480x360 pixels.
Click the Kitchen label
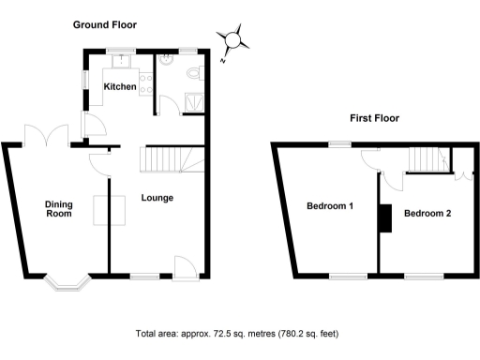pos(121,87)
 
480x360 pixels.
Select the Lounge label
pos(157,198)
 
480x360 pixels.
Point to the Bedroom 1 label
pos(330,207)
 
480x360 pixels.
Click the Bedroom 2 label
pos(427,213)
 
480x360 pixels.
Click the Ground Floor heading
pos(106,25)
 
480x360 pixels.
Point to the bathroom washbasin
pos(166,59)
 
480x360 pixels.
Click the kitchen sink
pos(121,62)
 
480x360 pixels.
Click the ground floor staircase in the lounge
pos(165,161)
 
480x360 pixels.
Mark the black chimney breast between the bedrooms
pos(382,217)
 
